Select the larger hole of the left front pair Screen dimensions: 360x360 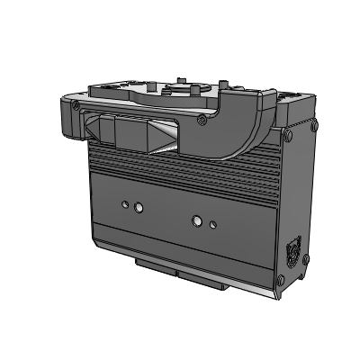tap(138, 208)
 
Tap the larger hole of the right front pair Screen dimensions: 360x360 tap(197, 219)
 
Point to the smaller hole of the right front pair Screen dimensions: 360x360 tap(212, 221)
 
